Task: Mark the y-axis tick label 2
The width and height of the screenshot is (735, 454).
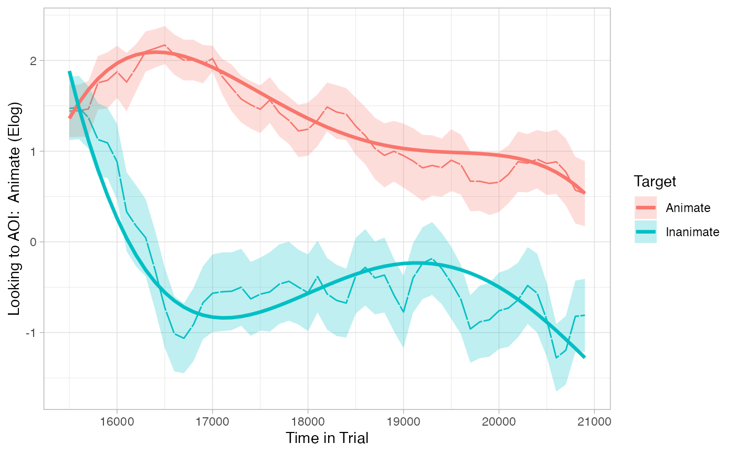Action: coord(35,61)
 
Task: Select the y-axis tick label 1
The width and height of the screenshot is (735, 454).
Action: coord(35,152)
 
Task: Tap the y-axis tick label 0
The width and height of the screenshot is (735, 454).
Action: coord(35,242)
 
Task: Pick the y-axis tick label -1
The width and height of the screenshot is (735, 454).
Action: coord(33,333)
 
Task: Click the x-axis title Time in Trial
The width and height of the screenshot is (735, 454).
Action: coord(327,438)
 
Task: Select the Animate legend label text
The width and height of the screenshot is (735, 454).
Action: coord(688,208)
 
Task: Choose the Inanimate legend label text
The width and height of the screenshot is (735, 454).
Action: coord(692,232)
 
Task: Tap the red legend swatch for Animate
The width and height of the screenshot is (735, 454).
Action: coord(645,208)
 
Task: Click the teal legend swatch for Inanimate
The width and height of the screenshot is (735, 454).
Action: coord(645,232)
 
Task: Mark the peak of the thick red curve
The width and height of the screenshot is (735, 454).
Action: coord(156,52)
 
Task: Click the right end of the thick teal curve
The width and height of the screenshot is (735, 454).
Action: coord(584,357)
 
